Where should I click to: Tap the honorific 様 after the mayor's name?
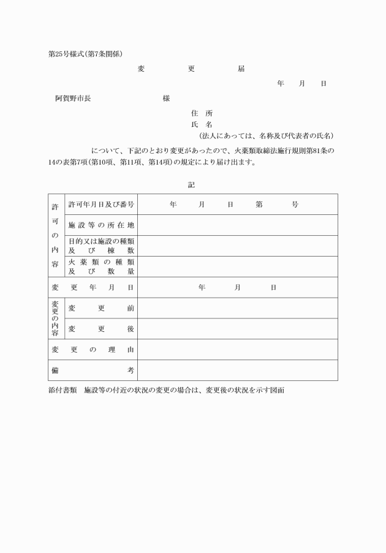(x=166, y=99)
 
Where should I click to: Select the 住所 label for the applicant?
(x=202, y=113)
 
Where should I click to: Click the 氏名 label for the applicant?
(x=202, y=124)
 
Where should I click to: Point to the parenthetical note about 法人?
(x=266, y=135)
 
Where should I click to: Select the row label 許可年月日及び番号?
(x=101, y=204)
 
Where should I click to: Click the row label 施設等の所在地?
(x=101, y=225)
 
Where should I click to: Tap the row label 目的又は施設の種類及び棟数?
(x=101, y=246)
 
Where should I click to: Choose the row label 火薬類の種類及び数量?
(x=101, y=266)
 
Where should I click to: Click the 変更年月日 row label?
(x=93, y=287)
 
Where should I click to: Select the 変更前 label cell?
(x=101, y=308)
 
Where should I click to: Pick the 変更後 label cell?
(x=101, y=329)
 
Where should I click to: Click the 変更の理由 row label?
(x=93, y=350)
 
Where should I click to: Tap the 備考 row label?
(x=93, y=371)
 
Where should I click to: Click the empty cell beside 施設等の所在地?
(x=237, y=225)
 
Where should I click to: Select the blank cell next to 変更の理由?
(x=237, y=350)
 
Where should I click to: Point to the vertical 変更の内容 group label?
(x=56, y=318)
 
